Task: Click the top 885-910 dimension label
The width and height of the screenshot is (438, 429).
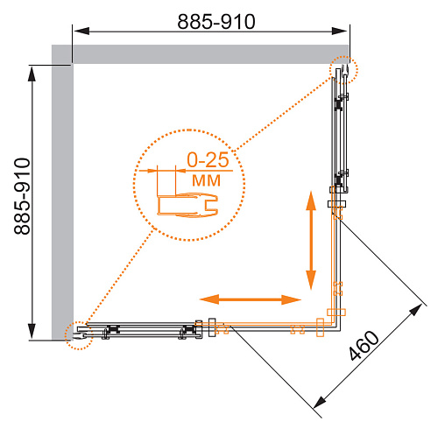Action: [x=216, y=22]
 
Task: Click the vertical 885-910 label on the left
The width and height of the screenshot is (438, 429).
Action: [x=22, y=196]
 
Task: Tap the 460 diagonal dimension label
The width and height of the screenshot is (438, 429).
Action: [x=364, y=346]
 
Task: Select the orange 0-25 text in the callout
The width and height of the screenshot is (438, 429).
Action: [x=208, y=159]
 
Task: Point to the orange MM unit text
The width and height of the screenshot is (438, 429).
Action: [x=206, y=180]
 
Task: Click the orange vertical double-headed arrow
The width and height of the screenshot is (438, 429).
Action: [x=311, y=240]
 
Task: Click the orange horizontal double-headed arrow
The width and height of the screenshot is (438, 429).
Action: [x=251, y=299]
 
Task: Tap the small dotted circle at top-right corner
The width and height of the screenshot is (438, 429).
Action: [x=343, y=70]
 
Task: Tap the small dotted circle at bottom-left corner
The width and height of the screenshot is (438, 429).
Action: [x=79, y=335]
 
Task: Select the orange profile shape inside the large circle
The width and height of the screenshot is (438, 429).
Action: [x=188, y=205]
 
